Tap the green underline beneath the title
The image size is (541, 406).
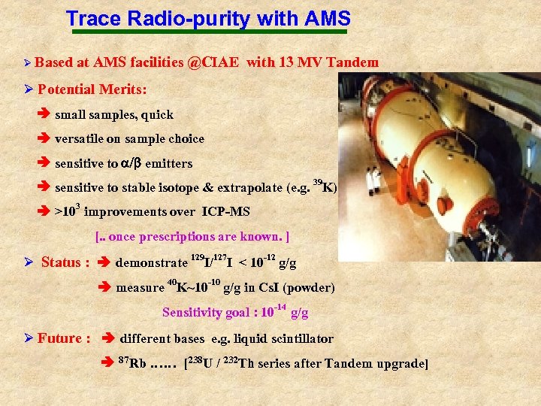click(x=208, y=32)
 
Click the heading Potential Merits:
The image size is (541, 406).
click(x=92, y=89)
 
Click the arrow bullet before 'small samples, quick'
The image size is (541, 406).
click(x=44, y=115)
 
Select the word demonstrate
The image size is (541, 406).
click(x=151, y=263)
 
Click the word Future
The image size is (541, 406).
click(x=59, y=338)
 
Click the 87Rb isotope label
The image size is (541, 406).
click(x=133, y=364)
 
